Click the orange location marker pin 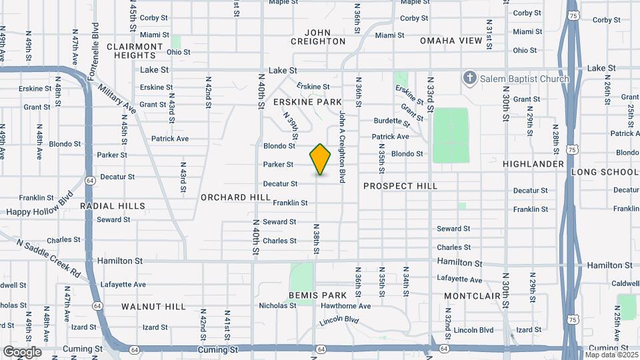pos(321,159)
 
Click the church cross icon pos(471,79)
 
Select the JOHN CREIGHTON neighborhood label pos(318,37)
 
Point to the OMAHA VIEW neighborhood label pos(451,41)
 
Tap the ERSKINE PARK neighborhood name pos(307,102)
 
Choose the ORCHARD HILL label pos(235,197)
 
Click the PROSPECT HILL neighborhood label pos(400,186)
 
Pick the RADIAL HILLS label pos(112,206)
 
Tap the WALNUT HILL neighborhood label pos(153,306)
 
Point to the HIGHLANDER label pos(533,164)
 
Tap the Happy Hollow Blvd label pos(39,206)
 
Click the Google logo pos(22,352)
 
